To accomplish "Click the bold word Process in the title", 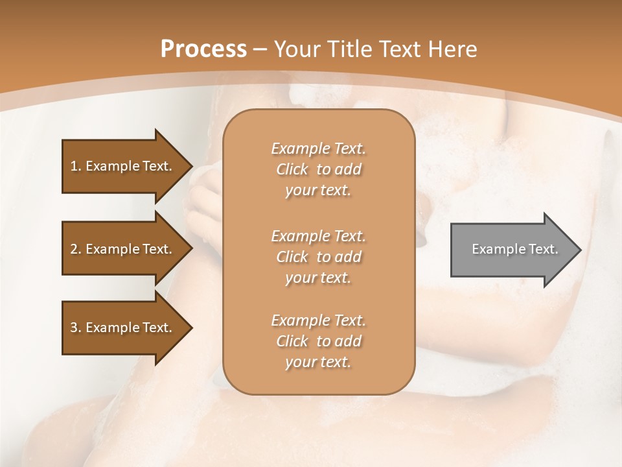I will (203, 49).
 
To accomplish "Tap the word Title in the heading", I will (350, 49).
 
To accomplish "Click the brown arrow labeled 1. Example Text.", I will (121, 166).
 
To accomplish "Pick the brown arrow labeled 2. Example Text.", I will (121, 249).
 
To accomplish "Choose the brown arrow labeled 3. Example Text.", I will (121, 328).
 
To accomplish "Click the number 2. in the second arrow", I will (75, 249).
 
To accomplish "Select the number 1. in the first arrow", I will (75, 166).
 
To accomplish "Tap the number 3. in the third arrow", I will (75, 328).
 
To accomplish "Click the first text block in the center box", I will (318, 169).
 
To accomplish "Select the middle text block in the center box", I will (318, 257).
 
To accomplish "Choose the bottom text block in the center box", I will (318, 341).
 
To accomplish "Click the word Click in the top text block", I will (292, 169).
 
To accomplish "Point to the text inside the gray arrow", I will (514, 249).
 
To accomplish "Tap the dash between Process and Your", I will (260, 49).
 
